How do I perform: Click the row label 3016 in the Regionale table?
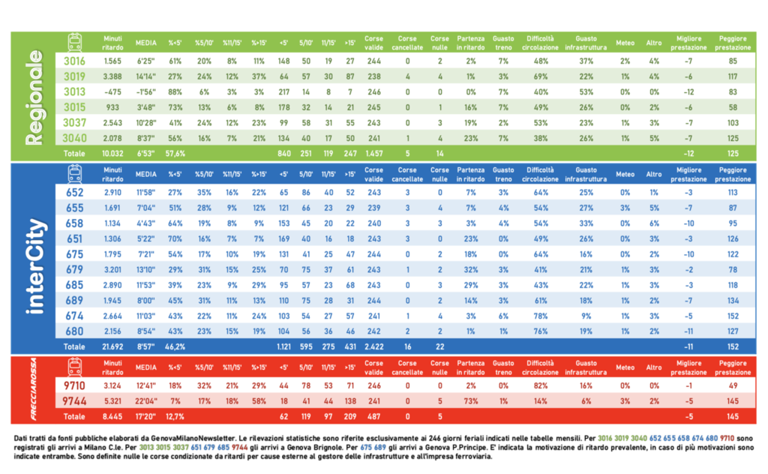73,61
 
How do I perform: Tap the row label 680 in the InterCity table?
73,331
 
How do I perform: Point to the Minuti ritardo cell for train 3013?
112,91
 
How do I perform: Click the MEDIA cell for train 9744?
145,401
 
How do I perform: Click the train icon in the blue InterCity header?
74,174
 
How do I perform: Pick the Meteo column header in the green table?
625,43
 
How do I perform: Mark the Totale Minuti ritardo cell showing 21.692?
112,347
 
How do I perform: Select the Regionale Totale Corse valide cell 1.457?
373,153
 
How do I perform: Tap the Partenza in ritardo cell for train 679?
470,268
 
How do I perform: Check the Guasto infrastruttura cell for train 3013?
586,91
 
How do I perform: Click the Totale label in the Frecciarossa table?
73,416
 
